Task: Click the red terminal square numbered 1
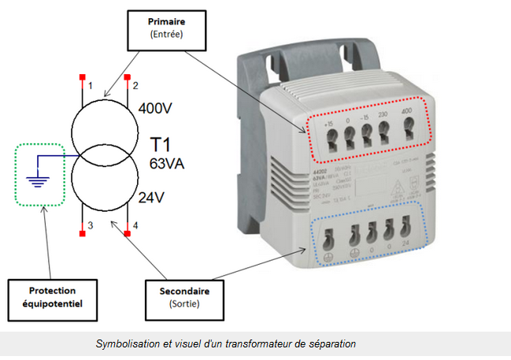point(81,77)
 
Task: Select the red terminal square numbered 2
point(125,77)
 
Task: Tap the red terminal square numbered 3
point(81,232)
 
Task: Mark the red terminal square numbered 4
point(125,232)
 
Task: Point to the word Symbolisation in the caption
point(128,344)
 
